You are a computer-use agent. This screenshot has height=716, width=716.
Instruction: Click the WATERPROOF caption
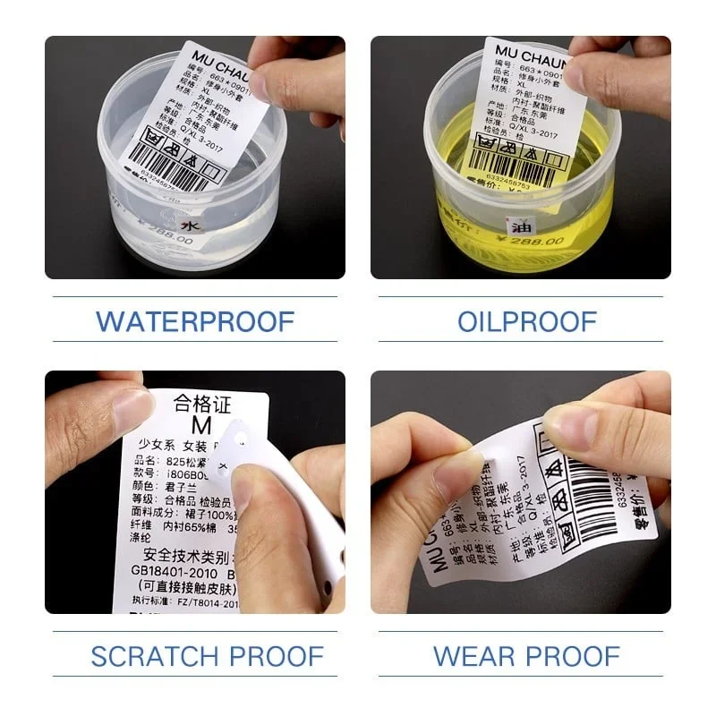[x=194, y=320]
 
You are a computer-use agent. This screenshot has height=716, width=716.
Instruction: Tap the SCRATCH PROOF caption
[x=194, y=655]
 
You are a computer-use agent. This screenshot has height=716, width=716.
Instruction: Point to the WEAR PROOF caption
[x=526, y=655]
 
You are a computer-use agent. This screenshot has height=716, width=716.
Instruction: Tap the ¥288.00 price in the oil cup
[x=536, y=241]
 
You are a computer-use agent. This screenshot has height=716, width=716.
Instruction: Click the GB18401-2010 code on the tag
[x=171, y=570]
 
